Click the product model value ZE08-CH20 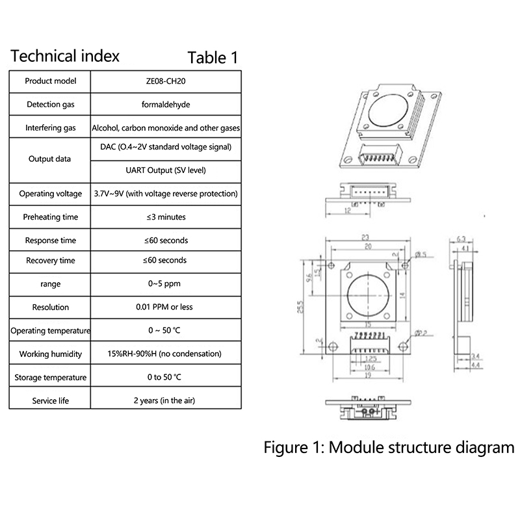point(165,81)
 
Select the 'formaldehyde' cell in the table point(165,104)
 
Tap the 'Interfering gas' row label point(51,128)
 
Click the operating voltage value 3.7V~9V point(166,194)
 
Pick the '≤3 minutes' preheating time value point(165,217)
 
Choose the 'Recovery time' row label point(51,261)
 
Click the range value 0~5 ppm point(165,284)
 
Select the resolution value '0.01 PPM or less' point(165,307)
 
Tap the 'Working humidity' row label point(51,354)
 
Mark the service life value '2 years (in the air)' point(165,400)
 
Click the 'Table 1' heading point(213,57)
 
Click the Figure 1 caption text point(388,448)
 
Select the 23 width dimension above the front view point(367,238)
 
